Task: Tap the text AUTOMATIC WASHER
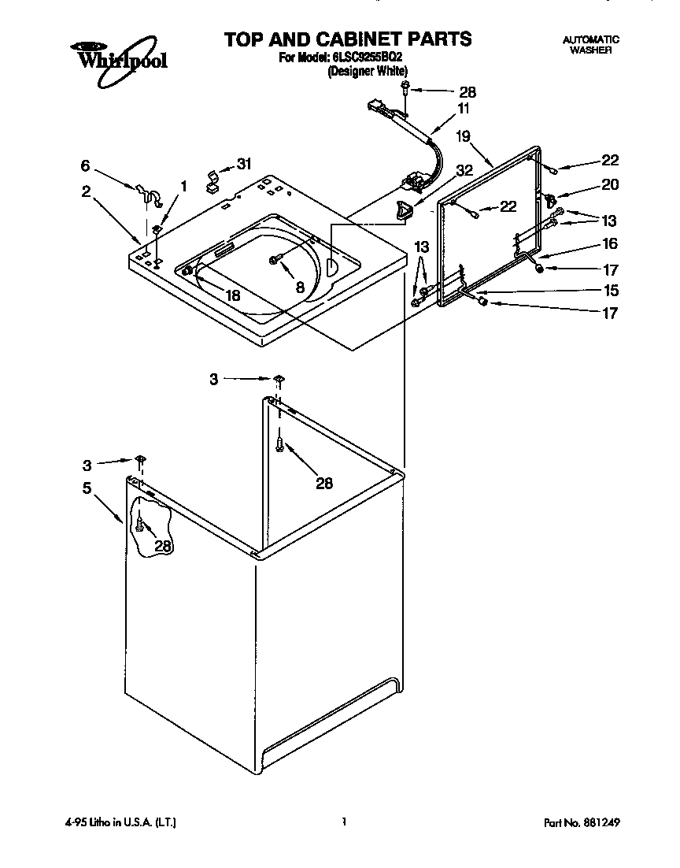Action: tap(590, 44)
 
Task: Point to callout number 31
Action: tap(245, 165)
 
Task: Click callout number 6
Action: tap(85, 165)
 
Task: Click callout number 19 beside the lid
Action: tap(463, 136)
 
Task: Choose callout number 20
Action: tap(610, 185)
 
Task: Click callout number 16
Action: tap(610, 244)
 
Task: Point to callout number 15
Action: tap(610, 291)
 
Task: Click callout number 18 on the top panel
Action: tap(233, 295)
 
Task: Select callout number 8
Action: tap(300, 288)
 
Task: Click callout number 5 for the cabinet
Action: tap(88, 488)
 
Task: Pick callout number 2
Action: tap(85, 191)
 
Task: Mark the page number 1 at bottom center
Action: tap(345, 822)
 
